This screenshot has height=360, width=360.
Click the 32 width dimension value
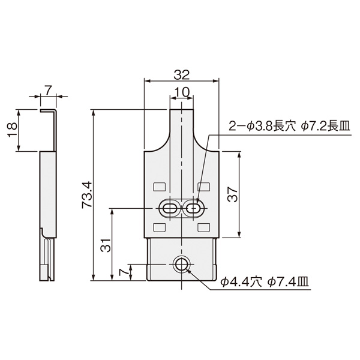click(181, 75)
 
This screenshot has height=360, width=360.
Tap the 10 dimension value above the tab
click(181, 92)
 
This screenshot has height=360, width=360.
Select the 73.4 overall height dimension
click(87, 195)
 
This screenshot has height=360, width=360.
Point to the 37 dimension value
click(233, 194)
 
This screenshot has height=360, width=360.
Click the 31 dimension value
click(106, 245)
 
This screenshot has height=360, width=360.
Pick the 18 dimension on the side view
click(12, 130)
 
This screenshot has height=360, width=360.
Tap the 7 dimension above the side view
click(48, 90)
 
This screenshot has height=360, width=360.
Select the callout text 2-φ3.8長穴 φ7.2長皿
click(289, 127)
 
